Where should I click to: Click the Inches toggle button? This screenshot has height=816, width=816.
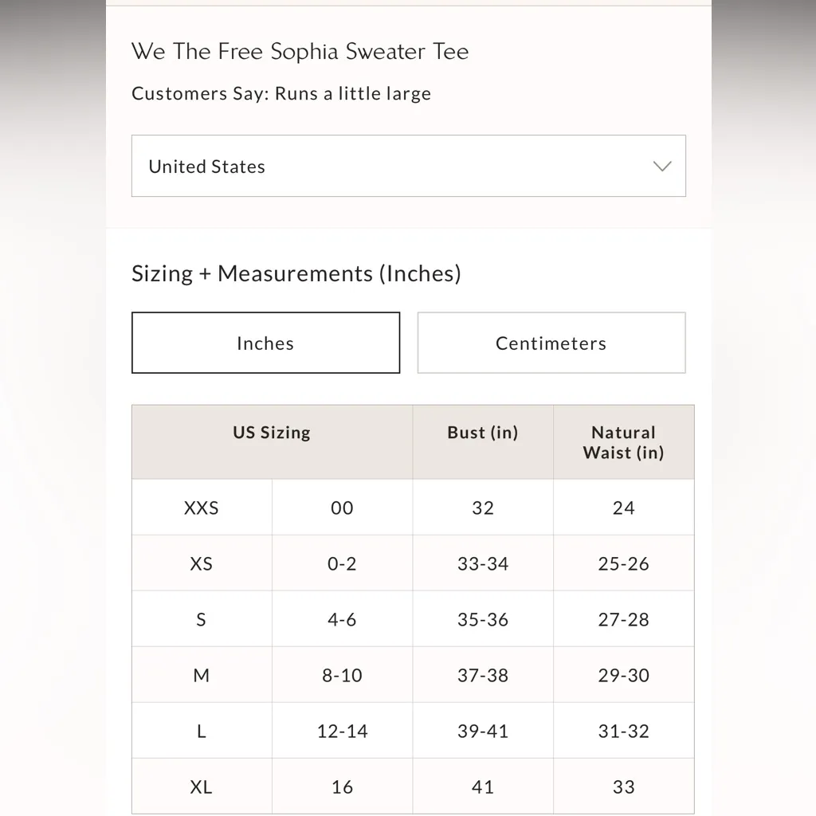[x=265, y=343]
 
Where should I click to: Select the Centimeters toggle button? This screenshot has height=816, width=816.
[x=551, y=343]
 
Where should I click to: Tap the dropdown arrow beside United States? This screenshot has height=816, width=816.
[x=661, y=166]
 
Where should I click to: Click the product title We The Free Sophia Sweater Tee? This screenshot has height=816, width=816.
[x=300, y=52]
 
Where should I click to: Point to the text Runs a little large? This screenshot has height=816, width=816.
[x=352, y=93]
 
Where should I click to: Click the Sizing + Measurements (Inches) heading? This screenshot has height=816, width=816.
[x=296, y=273]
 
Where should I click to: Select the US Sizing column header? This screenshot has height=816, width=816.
[x=272, y=433]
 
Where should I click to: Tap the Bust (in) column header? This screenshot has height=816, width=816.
[x=483, y=433]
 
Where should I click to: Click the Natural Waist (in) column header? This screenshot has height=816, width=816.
[x=623, y=442]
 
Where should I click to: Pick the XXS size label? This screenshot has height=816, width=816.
[x=201, y=508]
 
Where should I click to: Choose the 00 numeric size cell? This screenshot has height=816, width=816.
[x=342, y=508]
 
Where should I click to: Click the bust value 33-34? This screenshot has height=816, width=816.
[x=483, y=563]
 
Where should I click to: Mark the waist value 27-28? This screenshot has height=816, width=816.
[x=623, y=619]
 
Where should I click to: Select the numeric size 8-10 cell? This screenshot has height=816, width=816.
[x=342, y=675]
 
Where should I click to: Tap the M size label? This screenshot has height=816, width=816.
[x=201, y=675]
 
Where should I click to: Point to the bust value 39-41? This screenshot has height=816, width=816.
[x=483, y=731]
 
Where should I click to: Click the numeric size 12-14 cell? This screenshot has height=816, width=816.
[x=342, y=731]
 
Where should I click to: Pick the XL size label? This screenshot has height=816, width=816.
[x=201, y=787]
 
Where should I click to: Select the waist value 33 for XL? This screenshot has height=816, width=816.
[x=623, y=787]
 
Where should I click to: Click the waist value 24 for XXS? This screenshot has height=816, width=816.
[x=623, y=508]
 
